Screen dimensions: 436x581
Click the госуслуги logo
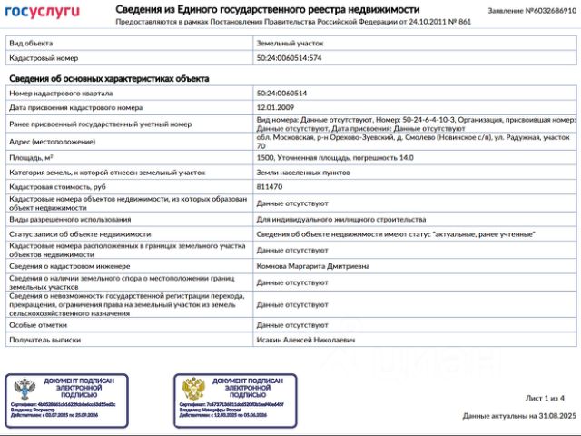point(43,12)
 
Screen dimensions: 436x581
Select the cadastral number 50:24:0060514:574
point(290,58)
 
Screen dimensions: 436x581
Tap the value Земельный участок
point(290,43)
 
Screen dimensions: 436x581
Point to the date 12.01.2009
point(274,107)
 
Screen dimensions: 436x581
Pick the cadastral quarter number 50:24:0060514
point(281,94)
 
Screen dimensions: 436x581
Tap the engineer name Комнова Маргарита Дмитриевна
point(313,266)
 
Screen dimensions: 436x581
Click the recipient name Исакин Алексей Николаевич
point(306,340)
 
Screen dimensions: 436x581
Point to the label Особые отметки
point(38,324)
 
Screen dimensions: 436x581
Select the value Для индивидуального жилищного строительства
point(341,219)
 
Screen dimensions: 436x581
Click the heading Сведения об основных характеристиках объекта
point(109,79)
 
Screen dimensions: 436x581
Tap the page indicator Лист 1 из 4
point(545,398)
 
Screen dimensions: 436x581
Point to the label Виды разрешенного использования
point(71,219)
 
